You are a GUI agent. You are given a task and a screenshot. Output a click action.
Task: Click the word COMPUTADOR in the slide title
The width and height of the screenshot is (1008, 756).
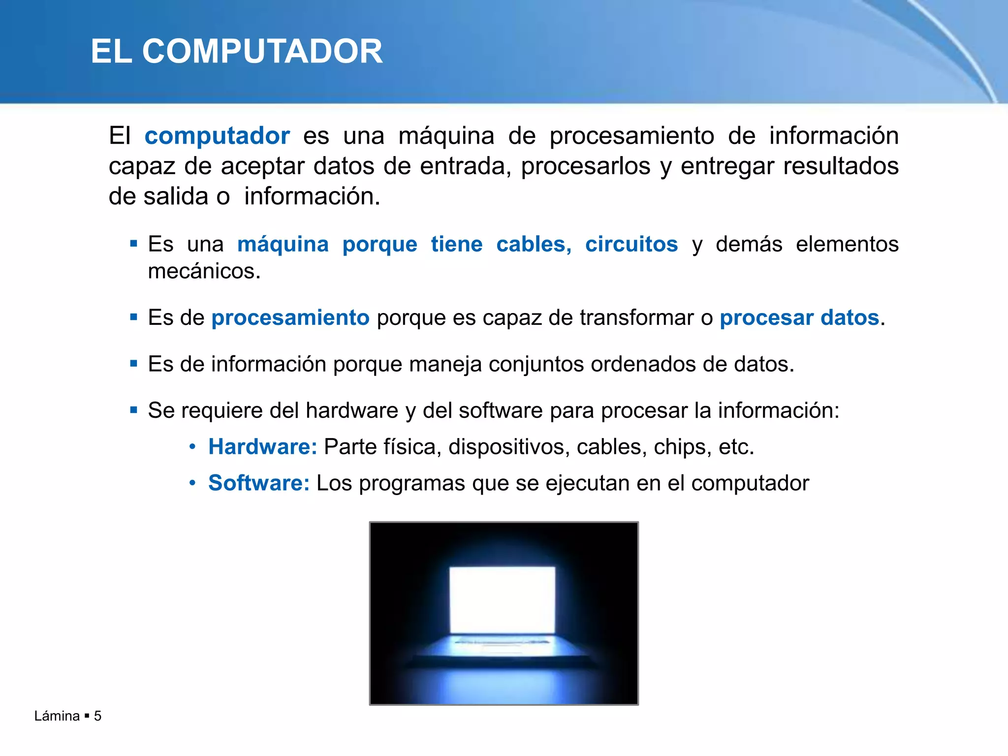[x=262, y=51]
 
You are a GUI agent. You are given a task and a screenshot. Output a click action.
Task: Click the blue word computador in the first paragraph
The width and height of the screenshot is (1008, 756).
[x=217, y=136]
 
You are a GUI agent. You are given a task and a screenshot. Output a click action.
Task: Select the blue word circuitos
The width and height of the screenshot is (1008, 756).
[x=631, y=244]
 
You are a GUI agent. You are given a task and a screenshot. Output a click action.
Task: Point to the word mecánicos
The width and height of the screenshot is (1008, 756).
[x=204, y=271]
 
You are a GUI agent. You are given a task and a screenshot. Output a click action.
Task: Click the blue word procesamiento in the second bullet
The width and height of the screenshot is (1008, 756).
[x=290, y=317]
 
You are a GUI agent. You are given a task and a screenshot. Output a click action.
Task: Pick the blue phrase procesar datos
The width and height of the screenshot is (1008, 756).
[x=799, y=317]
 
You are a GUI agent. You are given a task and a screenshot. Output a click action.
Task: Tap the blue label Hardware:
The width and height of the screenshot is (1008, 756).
[x=263, y=447]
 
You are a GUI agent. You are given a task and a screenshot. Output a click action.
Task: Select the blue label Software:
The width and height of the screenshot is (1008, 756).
[x=259, y=483]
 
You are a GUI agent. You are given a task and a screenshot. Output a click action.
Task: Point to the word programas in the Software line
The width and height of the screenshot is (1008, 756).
[x=412, y=483]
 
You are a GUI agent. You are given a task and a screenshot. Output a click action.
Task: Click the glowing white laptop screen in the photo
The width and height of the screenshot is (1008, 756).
[x=503, y=600]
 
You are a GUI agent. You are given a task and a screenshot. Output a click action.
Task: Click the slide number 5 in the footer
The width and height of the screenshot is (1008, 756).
[x=97, y=716]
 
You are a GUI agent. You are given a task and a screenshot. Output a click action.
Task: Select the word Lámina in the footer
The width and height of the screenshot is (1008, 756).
[x=57, y=716]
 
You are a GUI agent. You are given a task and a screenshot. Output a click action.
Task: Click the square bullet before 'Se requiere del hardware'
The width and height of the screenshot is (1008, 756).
[x=134, y=410]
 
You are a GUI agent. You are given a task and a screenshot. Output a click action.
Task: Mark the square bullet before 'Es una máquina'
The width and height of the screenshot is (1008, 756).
[x=134, y=243]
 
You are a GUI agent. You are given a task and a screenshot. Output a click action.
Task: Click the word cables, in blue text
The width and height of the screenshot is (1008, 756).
[x=534, y=244]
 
